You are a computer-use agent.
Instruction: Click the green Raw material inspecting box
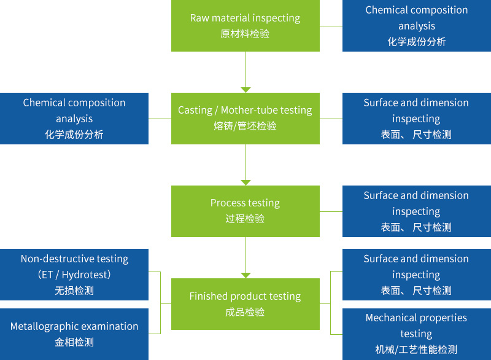point(245,25)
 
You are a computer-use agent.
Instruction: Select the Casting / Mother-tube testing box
point(245,118)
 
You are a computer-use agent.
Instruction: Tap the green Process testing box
point(245,211)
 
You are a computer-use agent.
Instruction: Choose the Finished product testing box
point(245,303)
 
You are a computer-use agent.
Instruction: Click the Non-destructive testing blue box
point(74,274)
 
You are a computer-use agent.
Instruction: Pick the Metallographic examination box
point(74,334)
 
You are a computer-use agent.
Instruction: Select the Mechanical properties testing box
point(416,334)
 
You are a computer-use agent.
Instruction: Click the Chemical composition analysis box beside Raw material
point(416,25)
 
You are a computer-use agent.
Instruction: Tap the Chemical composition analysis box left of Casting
point(74,118)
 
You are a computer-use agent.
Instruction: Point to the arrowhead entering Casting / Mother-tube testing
point(245,89)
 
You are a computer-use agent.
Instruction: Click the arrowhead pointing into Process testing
point(245,182)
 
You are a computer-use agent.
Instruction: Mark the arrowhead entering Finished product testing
point(245,275)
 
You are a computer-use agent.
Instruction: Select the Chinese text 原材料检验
point(245,34)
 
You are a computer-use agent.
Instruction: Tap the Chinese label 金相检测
point(74,342)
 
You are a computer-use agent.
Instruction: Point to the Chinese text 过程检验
point(245,219)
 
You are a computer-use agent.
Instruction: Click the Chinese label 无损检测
point(74,291)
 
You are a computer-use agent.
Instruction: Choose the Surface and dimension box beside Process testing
point(416,211)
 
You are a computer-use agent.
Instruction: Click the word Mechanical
point(391,318)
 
